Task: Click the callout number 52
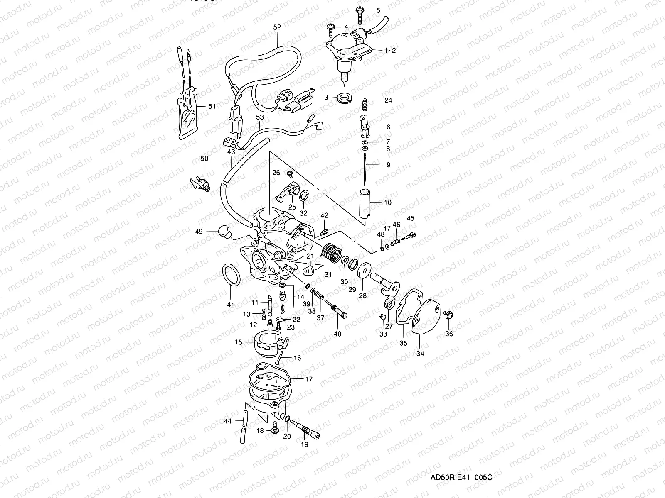(277, 27)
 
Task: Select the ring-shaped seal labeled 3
(345, 98)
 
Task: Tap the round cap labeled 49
(224, 231)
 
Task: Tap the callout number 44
(227, 421)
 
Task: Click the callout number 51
(212, 106)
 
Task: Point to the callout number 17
(308, 379)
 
